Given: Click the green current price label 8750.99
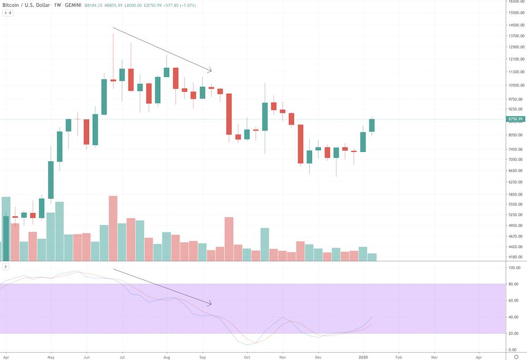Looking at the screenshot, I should tap(515, 119).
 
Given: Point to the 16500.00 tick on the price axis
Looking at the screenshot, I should tap(515, 3).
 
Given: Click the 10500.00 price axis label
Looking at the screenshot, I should tap(515, 85).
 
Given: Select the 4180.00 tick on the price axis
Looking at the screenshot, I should tap(515, 257).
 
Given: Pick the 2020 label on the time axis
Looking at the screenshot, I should tap(363, 356).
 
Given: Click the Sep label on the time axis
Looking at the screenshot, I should tap(202, 356).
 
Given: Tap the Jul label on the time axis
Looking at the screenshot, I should tap(122, 356).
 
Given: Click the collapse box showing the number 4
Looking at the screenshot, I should tap(7, 13).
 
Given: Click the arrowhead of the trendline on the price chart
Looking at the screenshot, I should tap(210, 70).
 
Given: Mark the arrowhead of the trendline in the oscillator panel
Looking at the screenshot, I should tap(210, 304).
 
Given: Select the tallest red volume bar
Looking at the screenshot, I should tap(113, 228).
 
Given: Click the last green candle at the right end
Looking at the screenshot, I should tap(372, 125).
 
